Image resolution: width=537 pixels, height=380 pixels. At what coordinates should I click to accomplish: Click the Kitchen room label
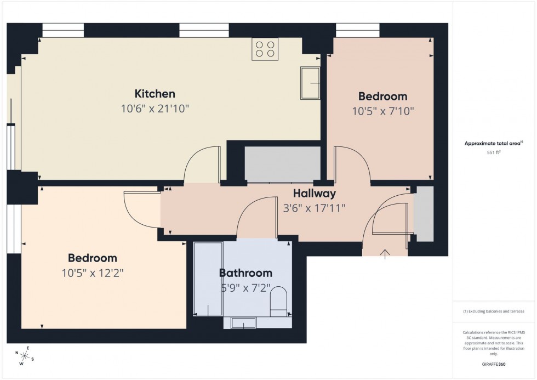tap(155, 94)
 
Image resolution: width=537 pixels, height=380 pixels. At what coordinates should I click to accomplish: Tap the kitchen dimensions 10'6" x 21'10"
tap(155, 109)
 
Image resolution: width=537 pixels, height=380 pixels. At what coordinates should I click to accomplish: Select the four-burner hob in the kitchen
tap(265, 49)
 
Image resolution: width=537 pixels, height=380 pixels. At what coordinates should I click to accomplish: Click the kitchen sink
tap(310, 83)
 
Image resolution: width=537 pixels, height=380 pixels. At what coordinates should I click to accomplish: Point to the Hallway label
tap(314, 193)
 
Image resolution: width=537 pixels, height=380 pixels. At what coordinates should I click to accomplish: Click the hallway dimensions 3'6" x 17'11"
tap(314, 208)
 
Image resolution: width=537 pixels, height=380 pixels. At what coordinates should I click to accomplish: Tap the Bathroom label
tap(245, 273)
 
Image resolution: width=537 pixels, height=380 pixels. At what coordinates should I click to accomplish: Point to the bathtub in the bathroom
tap(208, 279)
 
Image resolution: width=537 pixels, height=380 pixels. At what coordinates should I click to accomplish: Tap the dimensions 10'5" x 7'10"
tap(382, 111)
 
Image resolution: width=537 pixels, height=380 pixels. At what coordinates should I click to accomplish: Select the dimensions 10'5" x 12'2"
tap(92, 273)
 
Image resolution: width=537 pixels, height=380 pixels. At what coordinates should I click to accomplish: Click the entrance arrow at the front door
tap(385, 253)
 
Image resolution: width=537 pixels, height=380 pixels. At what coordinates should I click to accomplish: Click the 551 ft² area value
tap(494, 152)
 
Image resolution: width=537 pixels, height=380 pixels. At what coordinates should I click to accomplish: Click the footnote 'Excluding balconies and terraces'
tap(494, 311)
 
